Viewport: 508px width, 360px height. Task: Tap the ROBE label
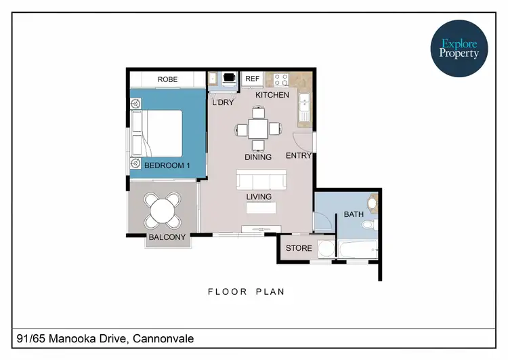(x=167, y=79)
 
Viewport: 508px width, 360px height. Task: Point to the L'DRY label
(x=223, y=103)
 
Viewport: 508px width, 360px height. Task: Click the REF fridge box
(x=252, y=79)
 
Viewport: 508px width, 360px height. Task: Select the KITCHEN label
(x=272, y=95)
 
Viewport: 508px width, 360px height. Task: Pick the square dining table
(x=258, y=128)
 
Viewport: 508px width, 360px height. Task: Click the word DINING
(x=258, y=157)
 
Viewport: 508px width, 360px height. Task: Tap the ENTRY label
(x=299, y=156)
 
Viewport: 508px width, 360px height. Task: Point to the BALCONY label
(x=167, y=237)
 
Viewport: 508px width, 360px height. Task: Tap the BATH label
(x=354, y=214)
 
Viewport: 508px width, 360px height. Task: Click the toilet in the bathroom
(x=368, y=224)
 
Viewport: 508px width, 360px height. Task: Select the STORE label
(x=299, y=248)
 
